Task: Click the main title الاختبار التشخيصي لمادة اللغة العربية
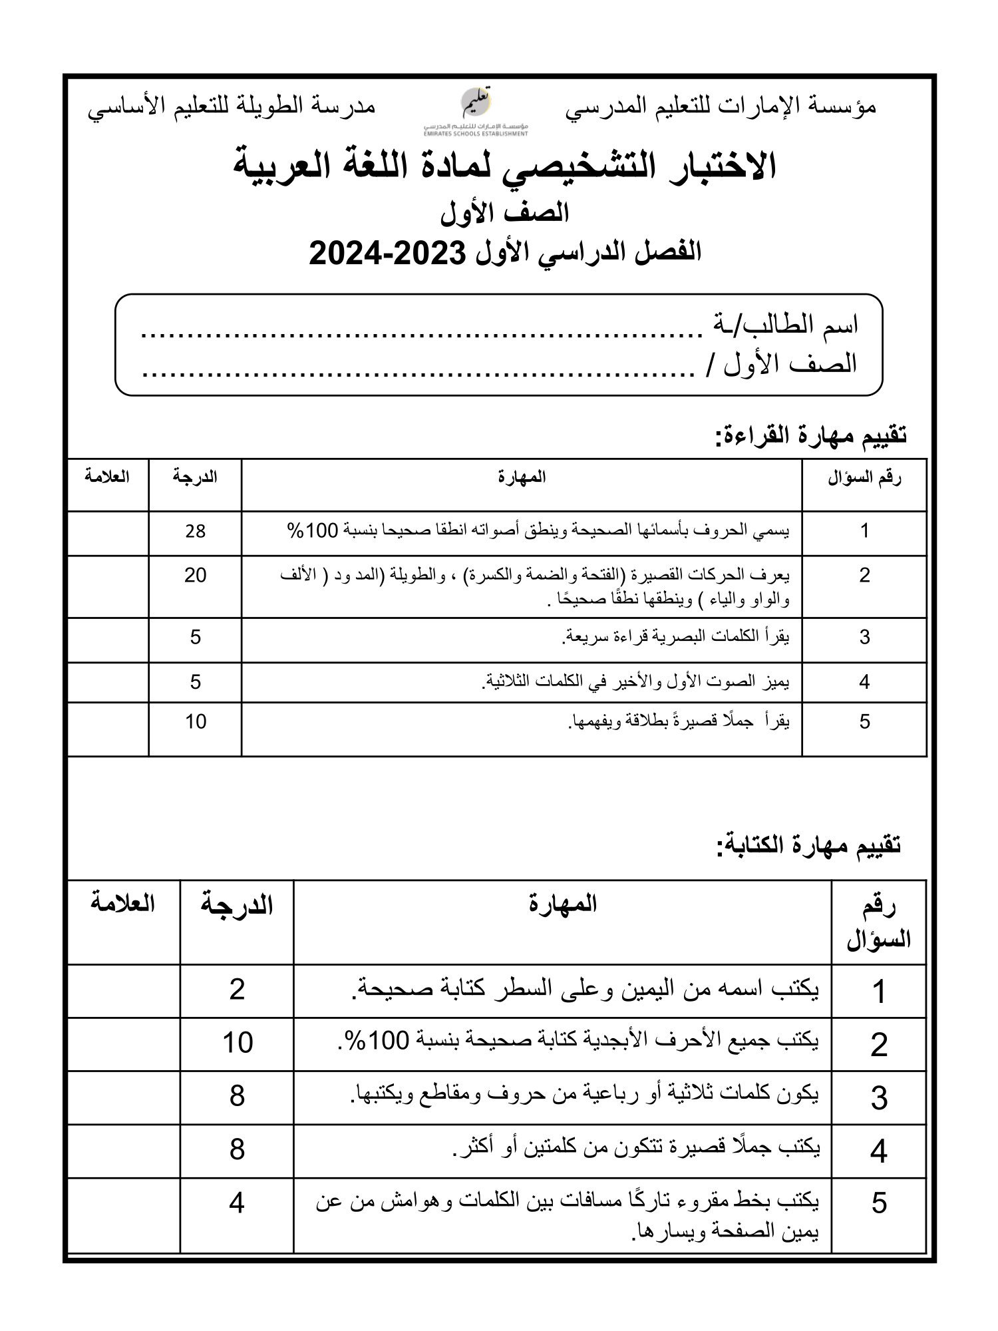tap(506, 166)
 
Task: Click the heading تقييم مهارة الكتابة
tap(808, 845)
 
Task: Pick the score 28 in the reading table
tap(196, 531)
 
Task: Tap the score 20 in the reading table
tap(196, 575)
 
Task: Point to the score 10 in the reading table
tap(196, 721)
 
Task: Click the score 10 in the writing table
tap(238, 1043)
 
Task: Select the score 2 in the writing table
tap(238, 990)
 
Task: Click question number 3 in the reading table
tap(864, 638)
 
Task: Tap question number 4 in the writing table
tap(879, 1151)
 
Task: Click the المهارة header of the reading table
tap(522, 477)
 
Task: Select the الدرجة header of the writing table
tap(238, 905)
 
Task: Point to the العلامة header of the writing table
tap(122, 904)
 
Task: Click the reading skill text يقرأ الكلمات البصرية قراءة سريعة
tap(676, 637)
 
